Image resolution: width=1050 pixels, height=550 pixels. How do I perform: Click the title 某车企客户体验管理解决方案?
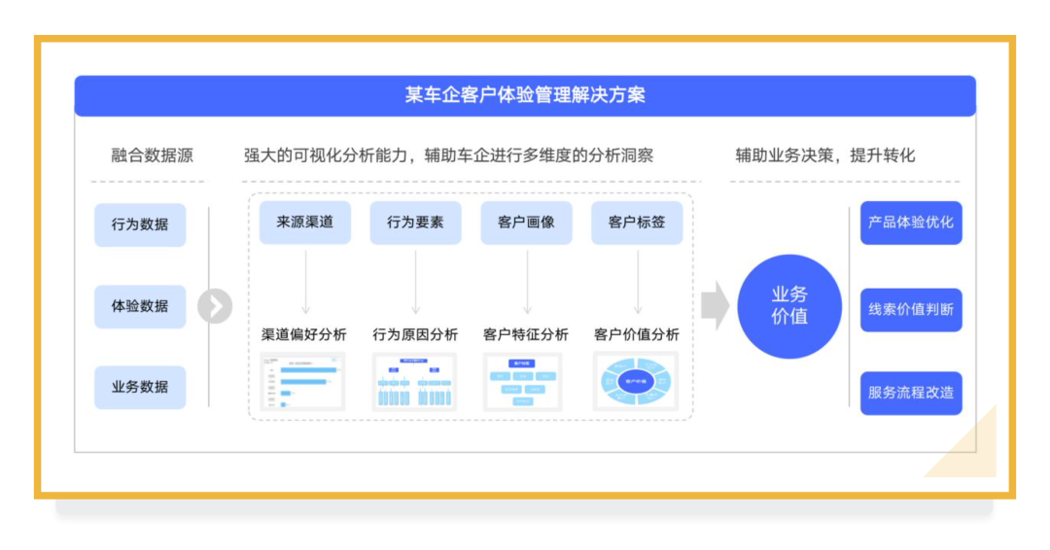click(525, 95)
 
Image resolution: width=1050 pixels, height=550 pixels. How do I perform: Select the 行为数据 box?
click(140, 224)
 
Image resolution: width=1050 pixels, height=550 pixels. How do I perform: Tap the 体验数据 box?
click(140, 306)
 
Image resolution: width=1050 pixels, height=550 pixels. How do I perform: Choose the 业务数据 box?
click(140, 387)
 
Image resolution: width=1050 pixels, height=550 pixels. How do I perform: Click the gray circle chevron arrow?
click(215, 306)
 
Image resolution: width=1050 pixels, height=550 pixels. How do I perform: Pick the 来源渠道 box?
click(305, 223)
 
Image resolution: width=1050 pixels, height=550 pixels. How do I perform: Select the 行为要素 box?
click(415, 223)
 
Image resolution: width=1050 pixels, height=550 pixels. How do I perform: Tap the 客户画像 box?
click(526, 223)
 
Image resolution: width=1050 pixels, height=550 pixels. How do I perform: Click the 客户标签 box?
click(637, 223)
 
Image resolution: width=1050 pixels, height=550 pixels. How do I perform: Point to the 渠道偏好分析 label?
click(304, 334)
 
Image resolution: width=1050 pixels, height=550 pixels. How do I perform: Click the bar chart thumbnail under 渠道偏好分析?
click(303, 381)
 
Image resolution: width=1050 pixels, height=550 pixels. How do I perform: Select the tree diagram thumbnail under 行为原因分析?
click(415, 381)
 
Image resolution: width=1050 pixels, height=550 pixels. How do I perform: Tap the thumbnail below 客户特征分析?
click(525, 381)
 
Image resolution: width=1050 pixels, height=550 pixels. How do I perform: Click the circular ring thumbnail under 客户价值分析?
click(637, 381)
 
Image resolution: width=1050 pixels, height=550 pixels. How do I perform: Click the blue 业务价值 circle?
click(789, 306)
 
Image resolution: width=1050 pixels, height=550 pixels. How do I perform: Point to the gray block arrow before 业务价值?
click(715, 306)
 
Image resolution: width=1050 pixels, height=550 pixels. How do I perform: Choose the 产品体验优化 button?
click(911, 223)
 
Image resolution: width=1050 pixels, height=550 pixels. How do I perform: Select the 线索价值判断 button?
click(911, 310)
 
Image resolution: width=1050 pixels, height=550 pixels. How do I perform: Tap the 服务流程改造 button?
click(911, 394)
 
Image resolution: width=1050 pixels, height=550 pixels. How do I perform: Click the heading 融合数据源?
click(152, 155)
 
